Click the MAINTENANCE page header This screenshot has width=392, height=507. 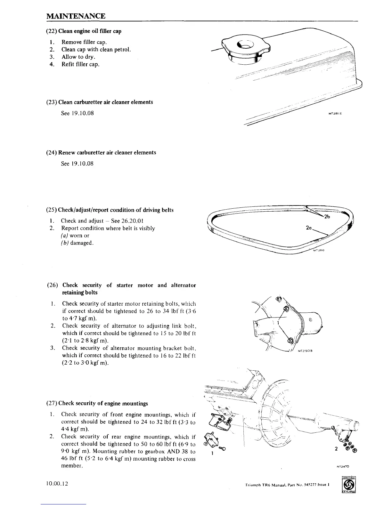[76, 16]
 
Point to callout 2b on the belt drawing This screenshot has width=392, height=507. [327, 217]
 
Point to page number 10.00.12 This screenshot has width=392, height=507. [57, 484]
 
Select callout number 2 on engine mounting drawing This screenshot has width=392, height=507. [336, 448]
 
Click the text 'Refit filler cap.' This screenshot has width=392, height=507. [80, 64]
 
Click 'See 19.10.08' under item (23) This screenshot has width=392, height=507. [77, 113]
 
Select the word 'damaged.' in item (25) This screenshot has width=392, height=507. [82, 243]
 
